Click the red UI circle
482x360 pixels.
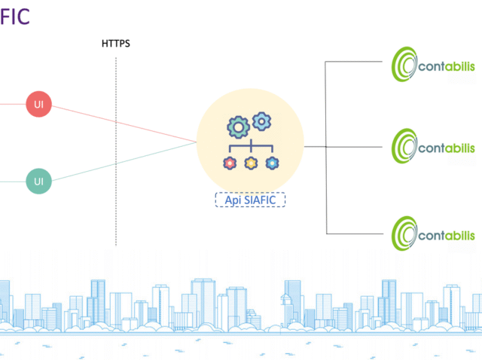pos(38,104)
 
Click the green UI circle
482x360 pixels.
pos(38,182)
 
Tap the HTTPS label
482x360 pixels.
pos(116,44)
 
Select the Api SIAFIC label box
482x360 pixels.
pos(250,200)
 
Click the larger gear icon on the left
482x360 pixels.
pos(238,127)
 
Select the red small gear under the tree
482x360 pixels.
pos(229,163)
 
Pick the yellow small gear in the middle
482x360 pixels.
pos(250,163)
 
